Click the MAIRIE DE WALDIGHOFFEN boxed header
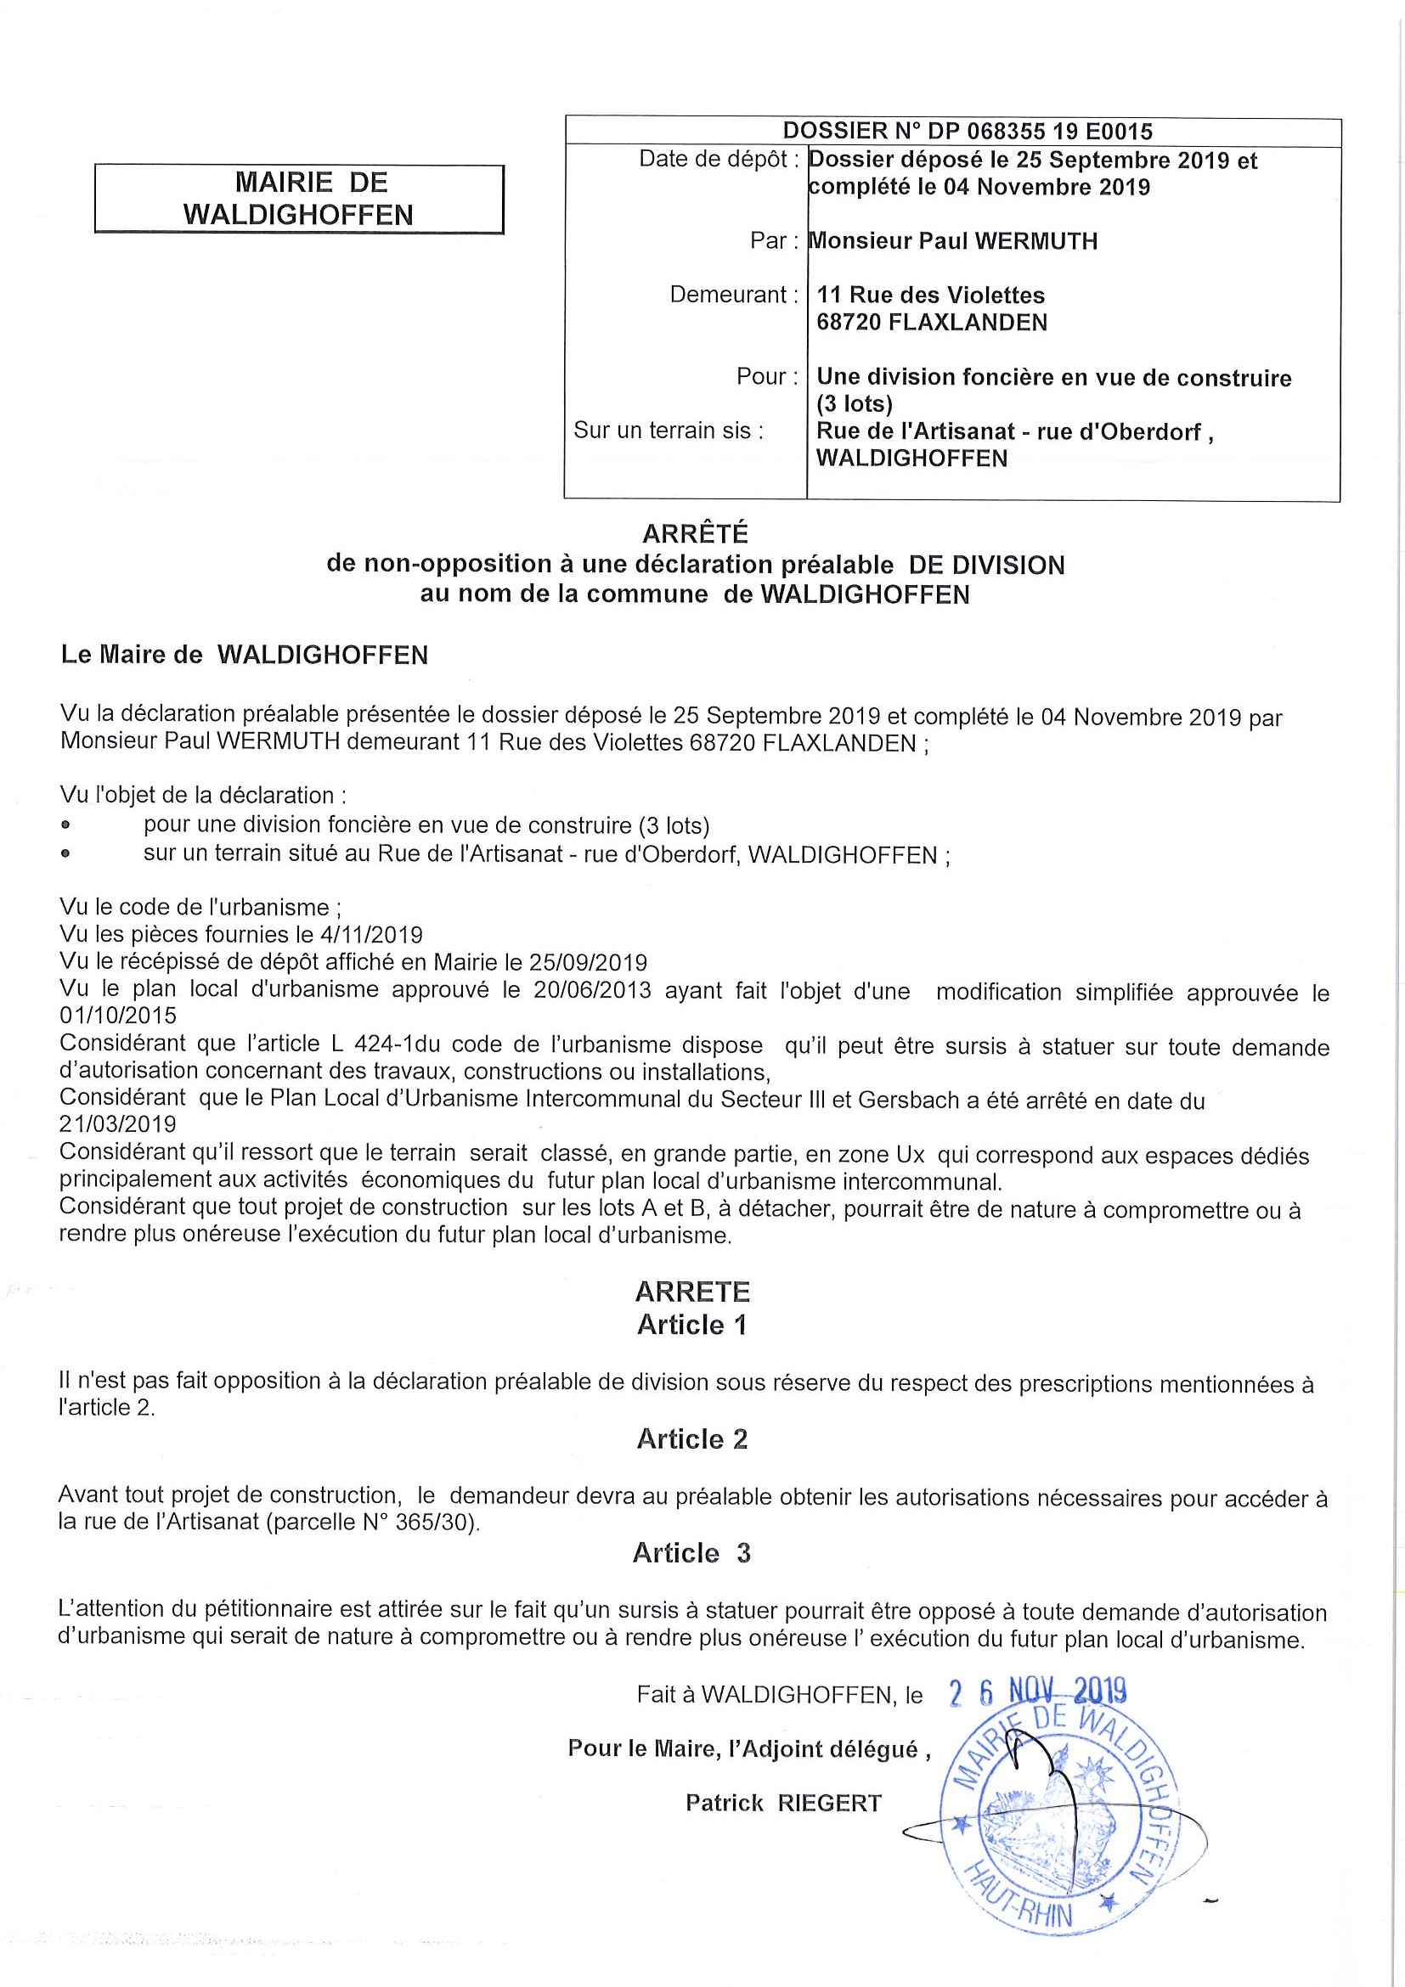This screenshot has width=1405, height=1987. coord(299,199)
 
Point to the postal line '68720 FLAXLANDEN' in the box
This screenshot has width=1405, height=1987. coord(932,323)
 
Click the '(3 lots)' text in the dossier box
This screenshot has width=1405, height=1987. coord(855,404)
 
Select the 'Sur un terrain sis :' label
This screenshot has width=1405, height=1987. coord(669,431)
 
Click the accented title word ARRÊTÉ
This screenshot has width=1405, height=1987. coord(696,534)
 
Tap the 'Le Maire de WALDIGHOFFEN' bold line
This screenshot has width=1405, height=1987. coord(244,656)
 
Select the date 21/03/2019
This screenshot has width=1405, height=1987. coord(118,1124)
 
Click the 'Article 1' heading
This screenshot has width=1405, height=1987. coord(691,1325)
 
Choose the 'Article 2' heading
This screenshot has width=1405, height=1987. coord(691,1439)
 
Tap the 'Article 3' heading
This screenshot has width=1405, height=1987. coord(691,1553)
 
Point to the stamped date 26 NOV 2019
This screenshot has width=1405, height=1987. coord(1038,1691)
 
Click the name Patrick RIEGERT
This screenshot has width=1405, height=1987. coord(783,1804)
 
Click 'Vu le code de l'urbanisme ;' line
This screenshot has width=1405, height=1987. coord(200,908)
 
